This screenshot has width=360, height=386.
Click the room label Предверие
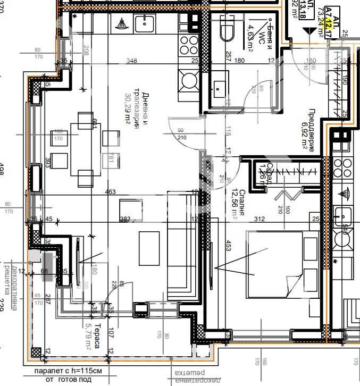click(312, 130)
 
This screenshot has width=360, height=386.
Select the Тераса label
click(97, 338)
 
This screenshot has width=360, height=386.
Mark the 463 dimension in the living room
click(111, 191)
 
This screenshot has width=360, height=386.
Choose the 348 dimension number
click(132, 61)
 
